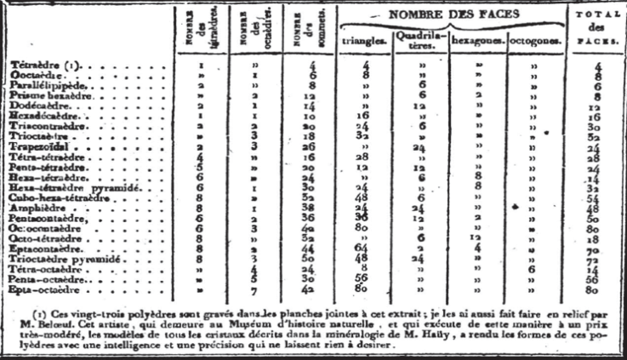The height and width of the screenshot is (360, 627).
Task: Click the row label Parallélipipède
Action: (43, 86)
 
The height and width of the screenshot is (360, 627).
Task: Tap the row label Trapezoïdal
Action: (37, 146)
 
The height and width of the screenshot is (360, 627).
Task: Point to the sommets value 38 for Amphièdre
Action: (310, 208)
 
